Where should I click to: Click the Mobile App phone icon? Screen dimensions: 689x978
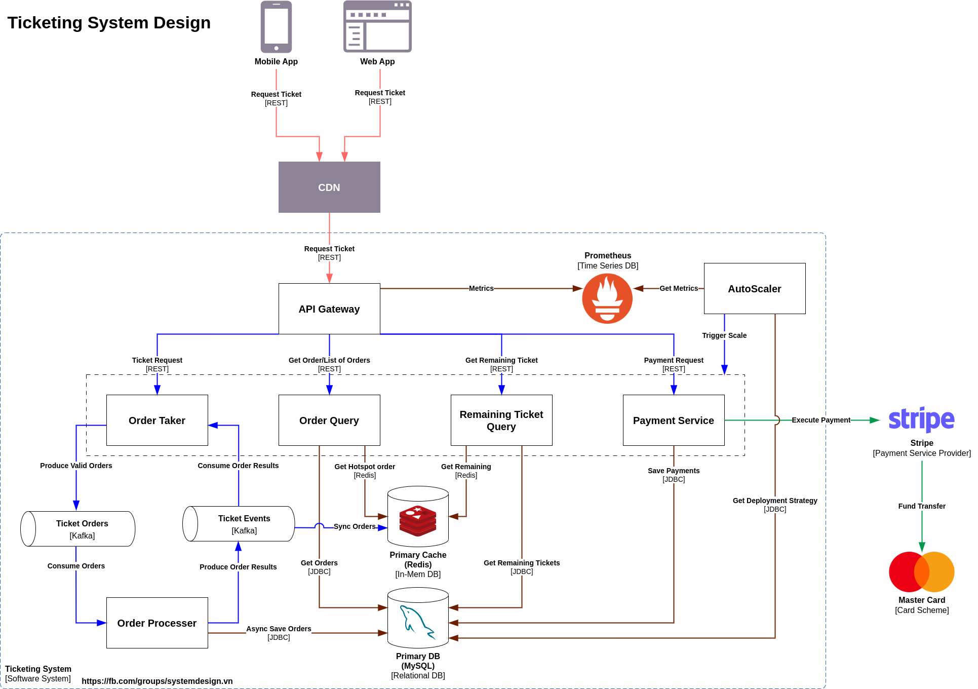[276, 27]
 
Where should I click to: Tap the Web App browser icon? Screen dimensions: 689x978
[377, 27]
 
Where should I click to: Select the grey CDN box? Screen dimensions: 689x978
[329, 187]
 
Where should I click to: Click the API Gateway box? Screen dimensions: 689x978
[329, 309]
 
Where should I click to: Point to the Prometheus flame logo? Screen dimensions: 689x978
[607, 298]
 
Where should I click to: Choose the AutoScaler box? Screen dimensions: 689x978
[754, 288]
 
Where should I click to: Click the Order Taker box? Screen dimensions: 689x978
[157, 420]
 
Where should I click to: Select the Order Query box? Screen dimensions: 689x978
[329, 420]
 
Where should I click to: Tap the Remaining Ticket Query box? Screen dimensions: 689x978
[501, 420]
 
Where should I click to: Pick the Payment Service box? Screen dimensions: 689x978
[673, 420]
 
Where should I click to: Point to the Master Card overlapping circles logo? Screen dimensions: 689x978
[921, 571]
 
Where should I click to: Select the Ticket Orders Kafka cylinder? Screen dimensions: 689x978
[78, 528]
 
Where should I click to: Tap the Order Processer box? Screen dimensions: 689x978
[157, 623]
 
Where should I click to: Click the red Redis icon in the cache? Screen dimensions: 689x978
[418, 521]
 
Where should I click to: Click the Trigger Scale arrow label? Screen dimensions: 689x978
[724, 335]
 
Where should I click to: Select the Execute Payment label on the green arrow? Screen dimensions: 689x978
[820, 420]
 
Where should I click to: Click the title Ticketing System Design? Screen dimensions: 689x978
[109, 23]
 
